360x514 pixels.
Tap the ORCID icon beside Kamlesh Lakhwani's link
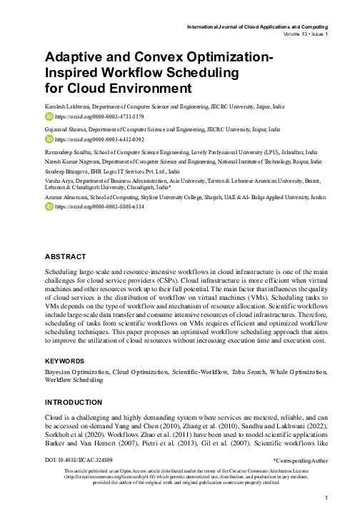click(x=49, y=115)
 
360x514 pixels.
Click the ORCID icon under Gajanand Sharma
click(x=49, y=140)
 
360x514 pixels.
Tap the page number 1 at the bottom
click(x=325, y=498)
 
